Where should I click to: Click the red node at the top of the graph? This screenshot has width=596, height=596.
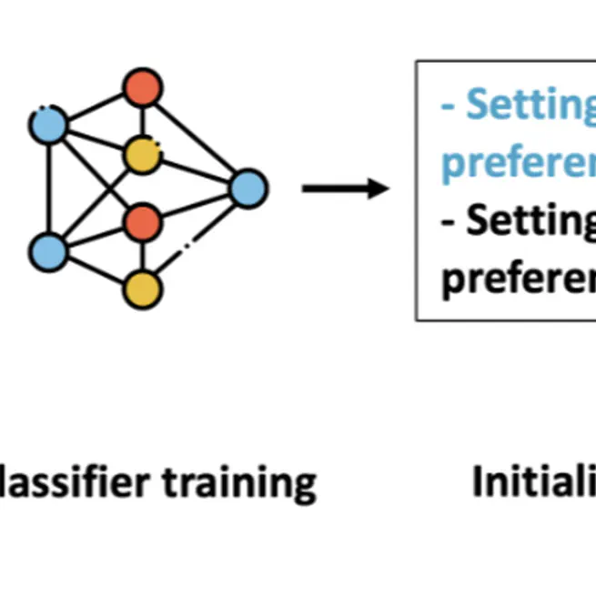point(142,88)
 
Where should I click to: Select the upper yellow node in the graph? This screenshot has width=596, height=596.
point(142,154)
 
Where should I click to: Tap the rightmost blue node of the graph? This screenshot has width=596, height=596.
point(247,188)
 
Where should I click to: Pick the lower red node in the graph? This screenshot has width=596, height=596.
point(142,221)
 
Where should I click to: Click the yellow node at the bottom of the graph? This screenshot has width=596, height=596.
point(142,289)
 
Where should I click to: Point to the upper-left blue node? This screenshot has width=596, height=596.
point(47,125)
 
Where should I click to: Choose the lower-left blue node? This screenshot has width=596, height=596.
point(47,251)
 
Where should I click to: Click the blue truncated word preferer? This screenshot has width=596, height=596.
point(518,164)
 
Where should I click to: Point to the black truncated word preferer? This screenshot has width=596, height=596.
point(518,278)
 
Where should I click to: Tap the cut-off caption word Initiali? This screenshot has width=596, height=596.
point(532,481)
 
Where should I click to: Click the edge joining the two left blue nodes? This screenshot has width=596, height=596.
point(47,188)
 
